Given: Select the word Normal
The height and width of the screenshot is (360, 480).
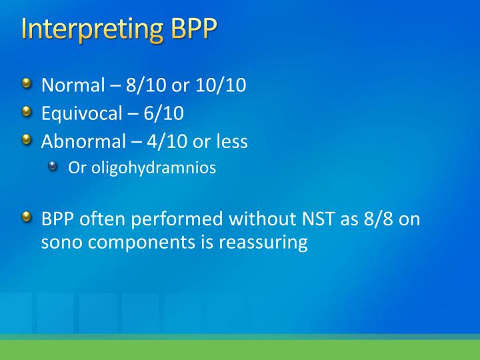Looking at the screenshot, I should point(73,85).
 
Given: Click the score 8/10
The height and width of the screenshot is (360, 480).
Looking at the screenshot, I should point(146,85).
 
